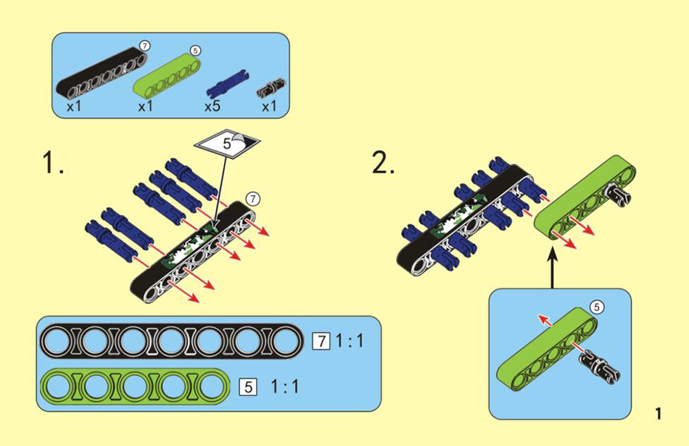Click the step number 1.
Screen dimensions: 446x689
[52, 164]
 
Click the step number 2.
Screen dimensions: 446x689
[383, 164]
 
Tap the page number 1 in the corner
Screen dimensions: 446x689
[658, 414]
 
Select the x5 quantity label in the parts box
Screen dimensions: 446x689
[213, 107]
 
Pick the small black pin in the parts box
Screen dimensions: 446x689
[272, 88]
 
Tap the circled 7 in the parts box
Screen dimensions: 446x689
[145, 46]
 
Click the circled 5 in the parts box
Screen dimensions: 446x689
[194, 50]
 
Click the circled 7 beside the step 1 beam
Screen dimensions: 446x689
[252, 197]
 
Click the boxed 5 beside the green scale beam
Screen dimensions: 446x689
[249, 386]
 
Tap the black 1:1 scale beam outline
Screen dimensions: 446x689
[172, 340]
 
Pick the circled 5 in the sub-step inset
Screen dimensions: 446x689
[596, 307]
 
